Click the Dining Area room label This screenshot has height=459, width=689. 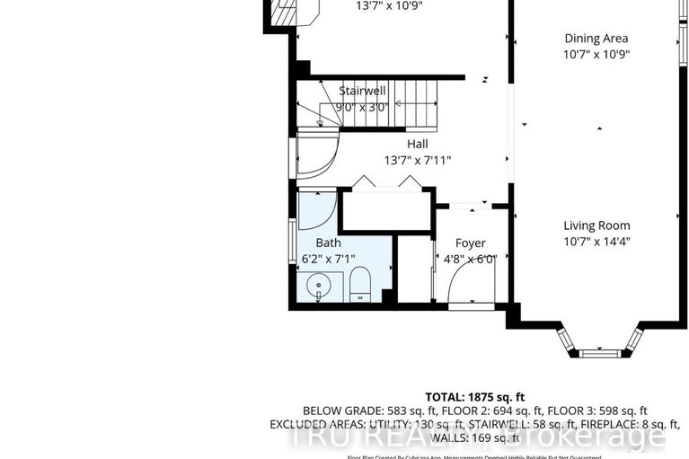click(x=596, y=39)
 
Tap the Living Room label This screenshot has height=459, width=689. click(x=596, y=225)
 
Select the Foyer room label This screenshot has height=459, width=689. click(x=470, y=243)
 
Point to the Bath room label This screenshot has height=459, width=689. click(x=328, y=243)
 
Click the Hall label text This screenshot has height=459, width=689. click(x=417, y=144)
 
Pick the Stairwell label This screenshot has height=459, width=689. click(x=363, y=91)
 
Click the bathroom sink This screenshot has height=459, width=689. click(x=317, y=287)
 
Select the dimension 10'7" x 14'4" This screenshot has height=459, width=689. click(x=596, y=242)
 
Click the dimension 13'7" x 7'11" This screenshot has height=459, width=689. click(x=417, y=161)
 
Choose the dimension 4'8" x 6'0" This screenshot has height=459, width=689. click(x=470, y=259)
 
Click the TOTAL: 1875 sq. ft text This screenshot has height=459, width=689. click(x=475, y=396)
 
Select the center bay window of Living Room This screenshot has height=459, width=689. click(x=600, y=353)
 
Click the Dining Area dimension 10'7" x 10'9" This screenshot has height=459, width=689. click(x=596, y=54)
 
